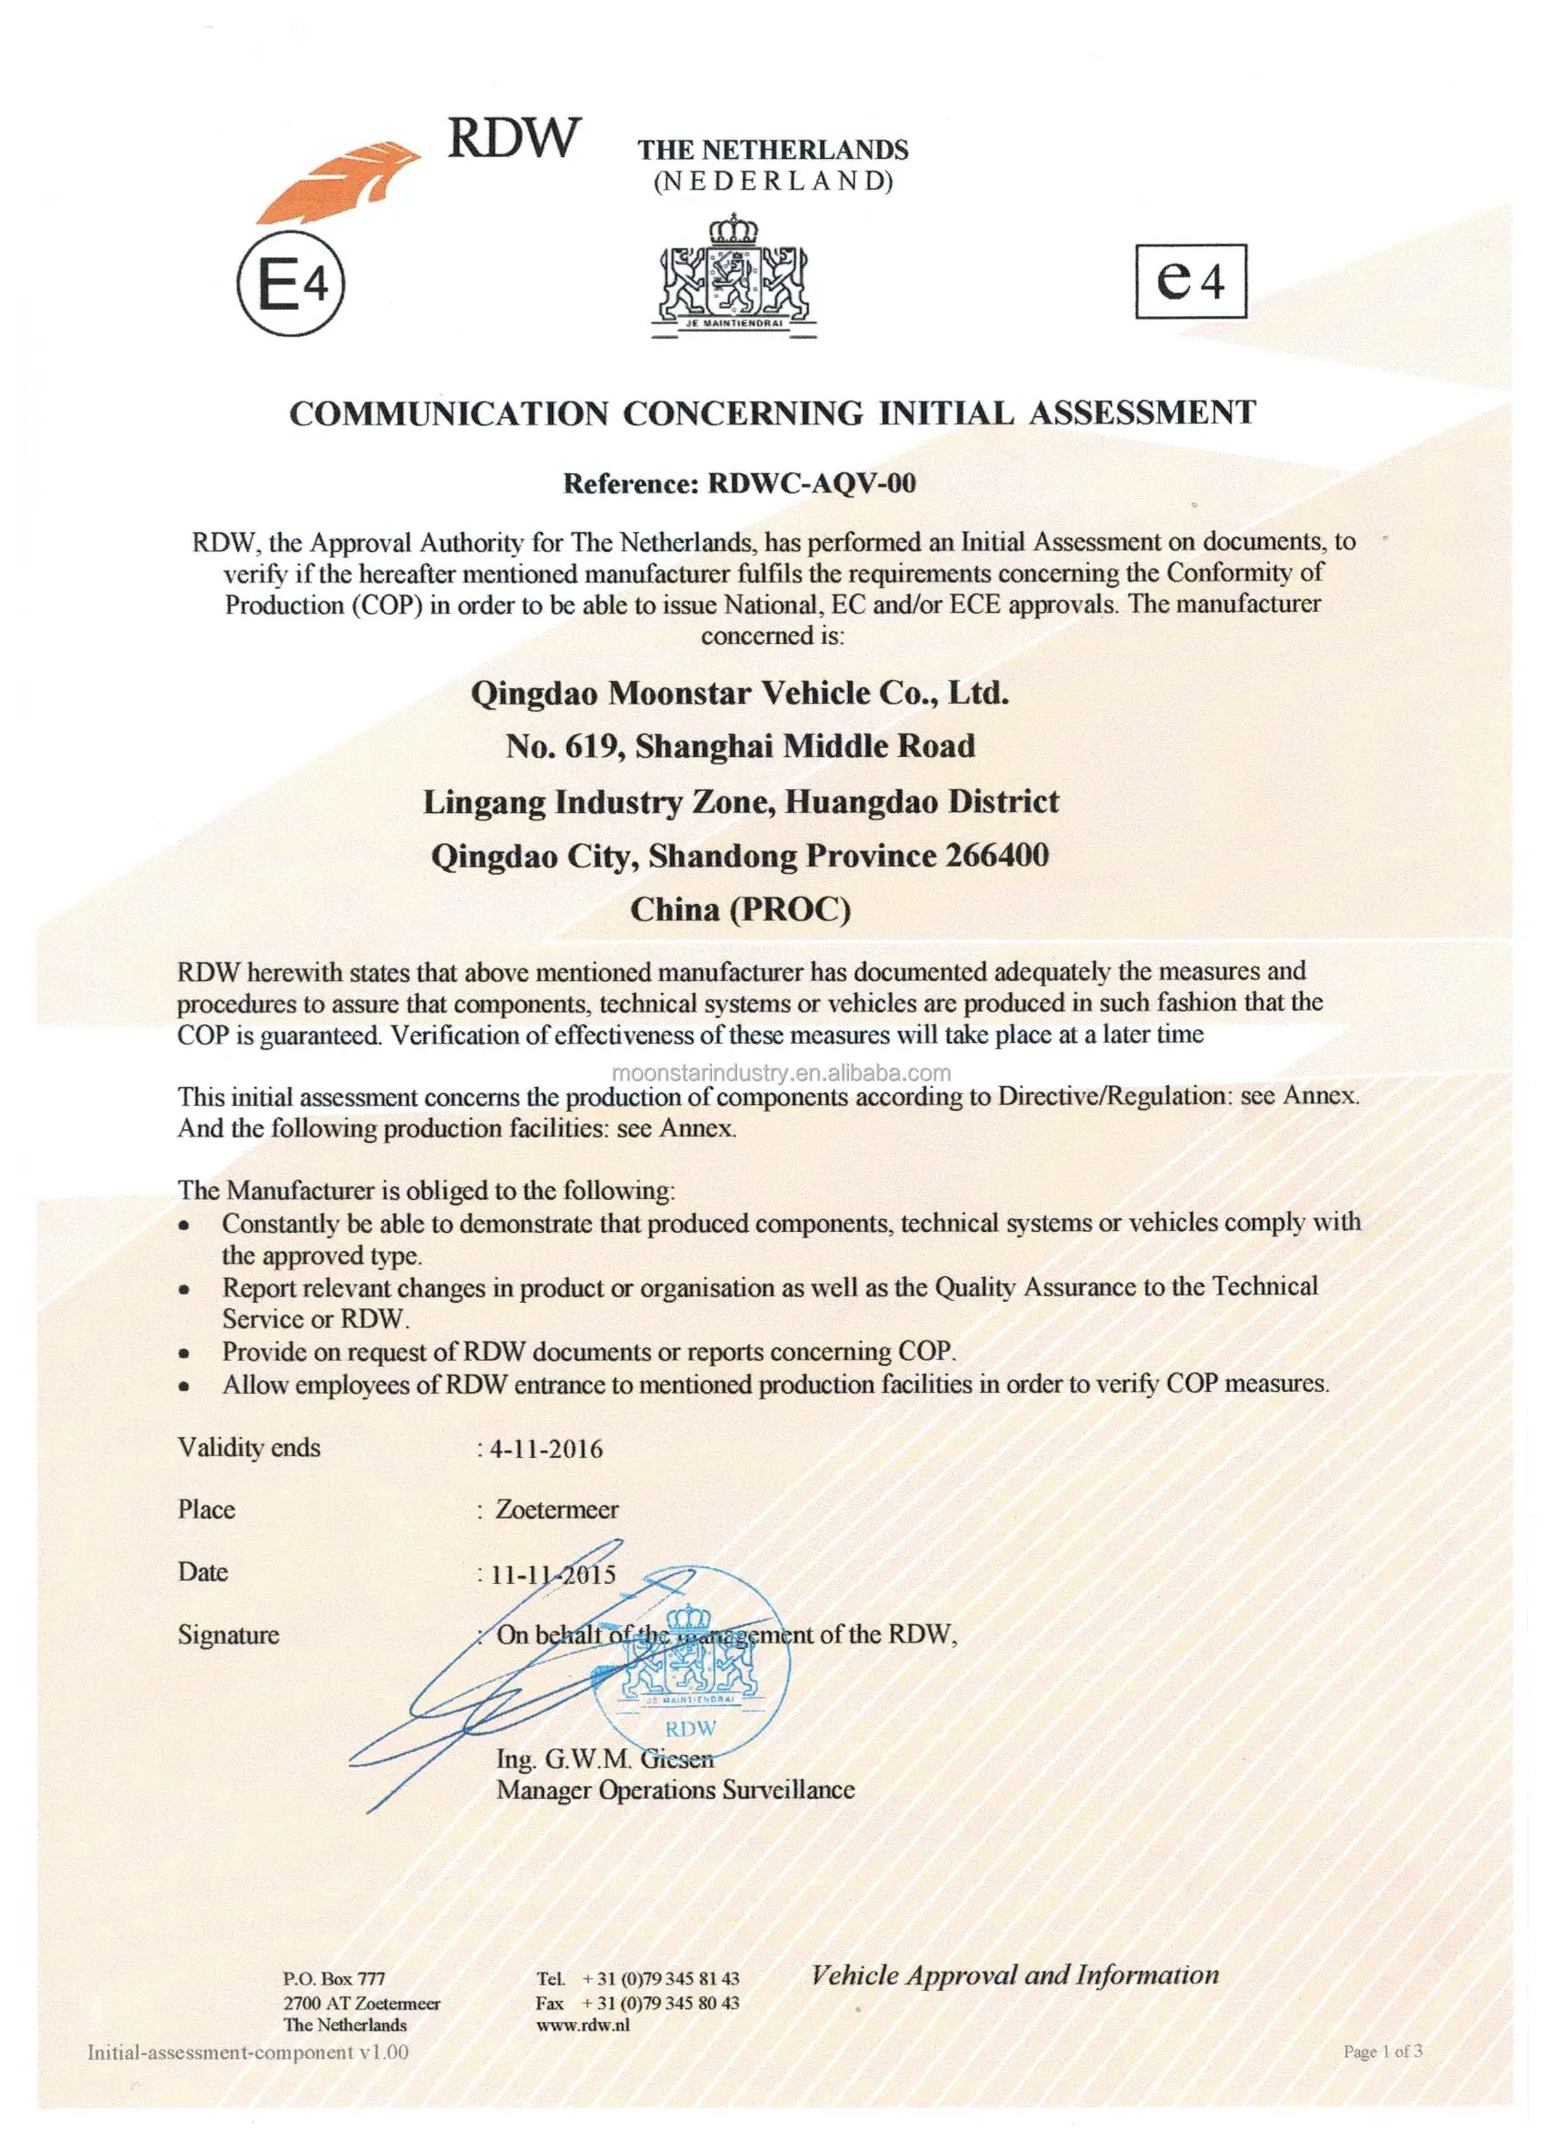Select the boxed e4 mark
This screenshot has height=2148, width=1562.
point(1191,281)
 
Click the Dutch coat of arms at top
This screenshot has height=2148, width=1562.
point(733,277)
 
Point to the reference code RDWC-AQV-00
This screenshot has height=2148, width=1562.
point(812,484)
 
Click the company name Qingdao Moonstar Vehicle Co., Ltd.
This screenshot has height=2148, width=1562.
point(740,694)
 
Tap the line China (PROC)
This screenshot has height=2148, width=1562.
point(741,910)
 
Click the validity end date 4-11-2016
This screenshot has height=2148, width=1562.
point(547,1449)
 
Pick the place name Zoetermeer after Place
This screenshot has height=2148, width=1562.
point(557,1509)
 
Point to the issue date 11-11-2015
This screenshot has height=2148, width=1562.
point(553,1574)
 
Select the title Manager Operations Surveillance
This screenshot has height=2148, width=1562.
point(675,1790)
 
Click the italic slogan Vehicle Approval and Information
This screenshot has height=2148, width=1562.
point(1014,1975)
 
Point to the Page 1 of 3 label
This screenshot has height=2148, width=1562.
point(1382,2052)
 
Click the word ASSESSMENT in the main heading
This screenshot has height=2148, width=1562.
point(1142,413)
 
